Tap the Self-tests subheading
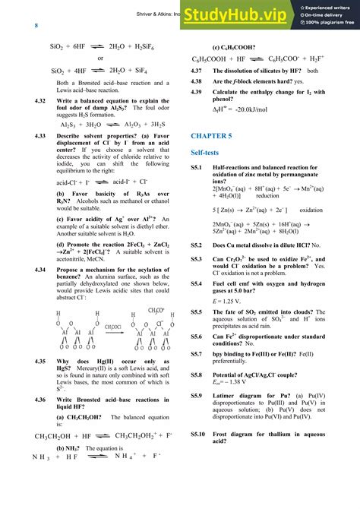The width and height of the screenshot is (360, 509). (x=207, y=153)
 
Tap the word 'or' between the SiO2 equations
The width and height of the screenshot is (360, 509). (x=100, y=58)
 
